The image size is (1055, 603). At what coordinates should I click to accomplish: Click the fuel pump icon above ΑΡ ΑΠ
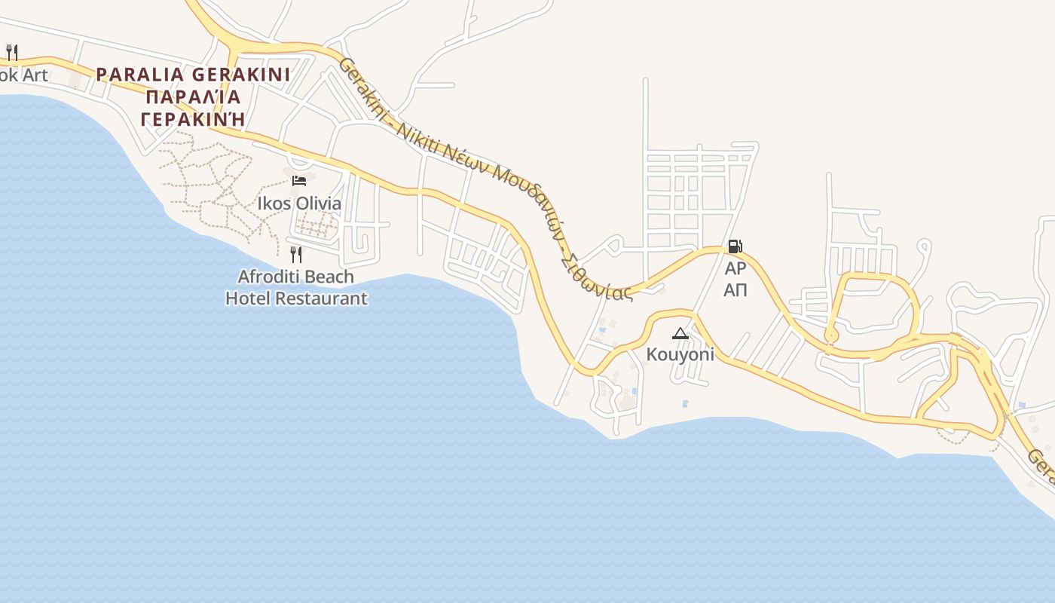click(x=735, y=246)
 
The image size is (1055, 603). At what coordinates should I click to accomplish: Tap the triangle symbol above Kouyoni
click(x=680, y=333)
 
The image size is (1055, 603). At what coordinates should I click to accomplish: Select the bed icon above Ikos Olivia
click(x=299, y=180)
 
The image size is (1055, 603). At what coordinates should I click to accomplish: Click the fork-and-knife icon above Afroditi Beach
click(x=296, y=255)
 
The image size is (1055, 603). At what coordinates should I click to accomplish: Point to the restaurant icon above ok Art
click(x=11, y=52)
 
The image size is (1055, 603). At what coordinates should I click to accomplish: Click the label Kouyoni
click(x=680, y=354)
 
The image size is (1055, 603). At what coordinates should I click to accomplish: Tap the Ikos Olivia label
click(x=299, y=204)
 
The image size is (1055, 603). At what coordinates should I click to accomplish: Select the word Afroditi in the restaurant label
click(x=268, y=277)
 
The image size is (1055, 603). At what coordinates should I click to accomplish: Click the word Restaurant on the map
click(x=322, y=298)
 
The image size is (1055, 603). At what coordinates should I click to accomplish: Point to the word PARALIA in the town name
click(x=140, y=75)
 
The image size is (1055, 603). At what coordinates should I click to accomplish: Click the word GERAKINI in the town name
click(x=240, y=75)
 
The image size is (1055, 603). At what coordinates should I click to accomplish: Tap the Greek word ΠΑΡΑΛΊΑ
click(x=194, y=97)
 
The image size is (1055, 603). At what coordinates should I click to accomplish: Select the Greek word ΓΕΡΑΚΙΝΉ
click(x=194, y=120)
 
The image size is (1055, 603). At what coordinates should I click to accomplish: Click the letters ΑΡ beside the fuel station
click(x=735, y=268)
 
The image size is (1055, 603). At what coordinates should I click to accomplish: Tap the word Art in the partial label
click(x=35, y=75)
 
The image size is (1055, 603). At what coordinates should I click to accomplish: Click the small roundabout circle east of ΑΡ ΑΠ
click(x=831, y=335)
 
